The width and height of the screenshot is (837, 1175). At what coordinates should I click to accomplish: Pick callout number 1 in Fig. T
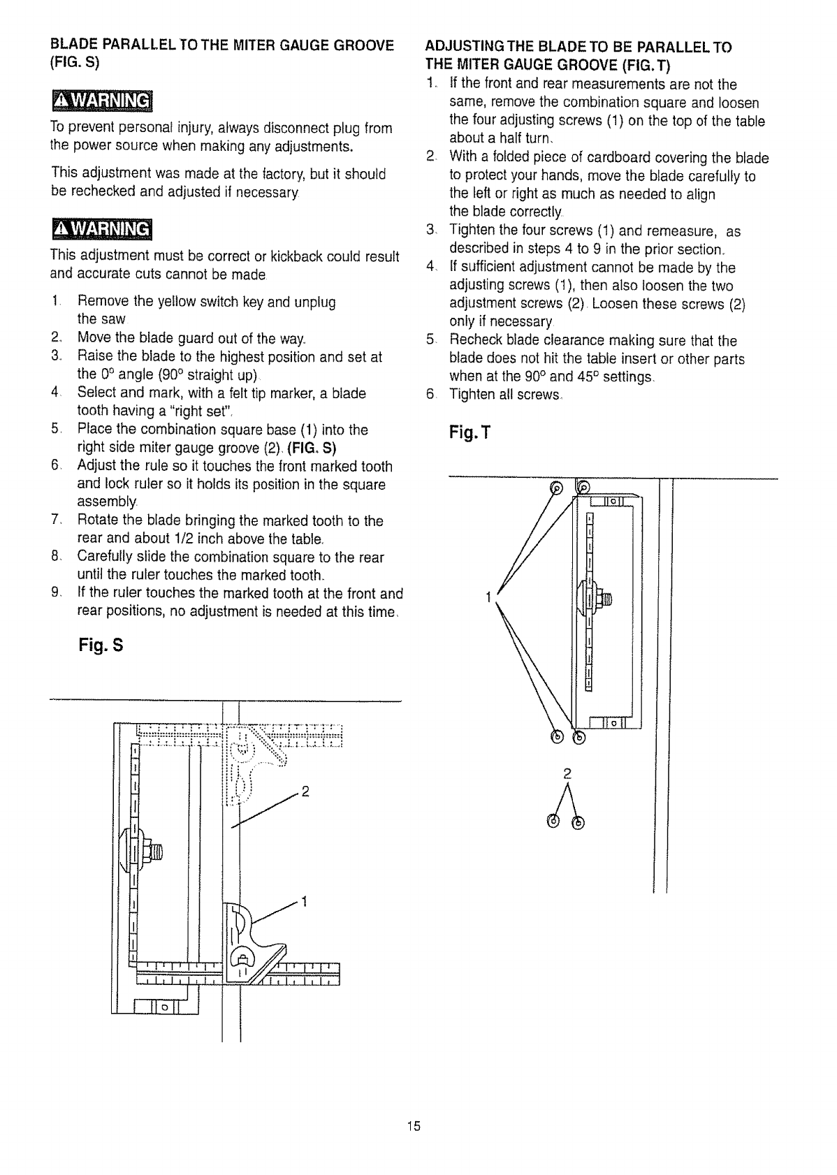489,596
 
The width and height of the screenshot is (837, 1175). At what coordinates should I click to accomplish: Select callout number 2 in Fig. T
567,773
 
